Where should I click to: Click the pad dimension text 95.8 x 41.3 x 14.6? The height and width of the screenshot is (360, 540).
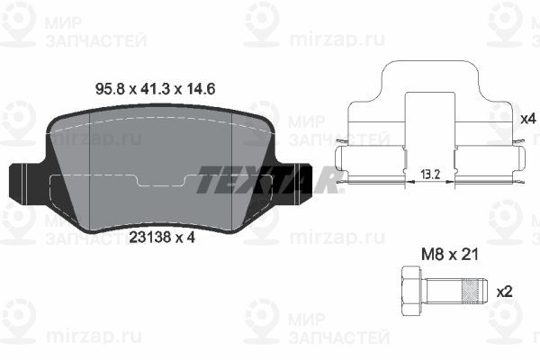[x=155, y=89]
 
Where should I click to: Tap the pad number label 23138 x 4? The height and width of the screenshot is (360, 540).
[x=162, y=237]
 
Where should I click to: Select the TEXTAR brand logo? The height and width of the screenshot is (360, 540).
[x=268, y=179]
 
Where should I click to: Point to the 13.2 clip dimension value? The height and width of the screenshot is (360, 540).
[x=430, y=175]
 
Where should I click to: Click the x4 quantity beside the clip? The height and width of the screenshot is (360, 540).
[x=528, y=119]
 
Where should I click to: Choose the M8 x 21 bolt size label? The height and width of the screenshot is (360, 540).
[x=450, y=255]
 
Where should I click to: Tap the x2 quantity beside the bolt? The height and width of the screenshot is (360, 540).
[x=504, y=292]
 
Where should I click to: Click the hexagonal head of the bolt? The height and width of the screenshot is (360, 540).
[x=411, y=292]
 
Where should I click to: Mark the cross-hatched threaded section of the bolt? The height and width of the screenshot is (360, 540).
[x=471, y=292]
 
